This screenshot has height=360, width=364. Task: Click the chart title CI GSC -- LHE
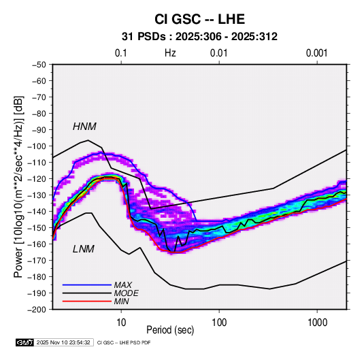click(199, 19)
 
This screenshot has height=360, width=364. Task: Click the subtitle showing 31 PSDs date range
click(199, 37)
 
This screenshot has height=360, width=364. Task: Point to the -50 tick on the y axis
click(39, 65)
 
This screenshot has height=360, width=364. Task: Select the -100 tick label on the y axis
click(37, 146)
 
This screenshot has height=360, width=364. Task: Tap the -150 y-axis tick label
click(37, 228)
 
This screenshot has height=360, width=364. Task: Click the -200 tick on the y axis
click(37, 310)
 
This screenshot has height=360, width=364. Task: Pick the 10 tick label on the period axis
click(121, 323)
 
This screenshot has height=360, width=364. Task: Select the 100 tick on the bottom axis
click(219, 323)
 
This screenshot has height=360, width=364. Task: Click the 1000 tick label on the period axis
click(317, 323)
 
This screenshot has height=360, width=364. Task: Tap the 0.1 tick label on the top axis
click(121, 53)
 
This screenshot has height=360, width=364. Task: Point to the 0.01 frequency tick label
click(218, 53)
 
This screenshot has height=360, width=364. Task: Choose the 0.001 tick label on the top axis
click(316, 53)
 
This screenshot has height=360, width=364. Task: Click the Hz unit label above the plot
click(170, 53)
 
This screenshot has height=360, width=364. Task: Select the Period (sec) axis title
click(170, 330)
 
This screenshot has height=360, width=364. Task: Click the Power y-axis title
click(18, 187)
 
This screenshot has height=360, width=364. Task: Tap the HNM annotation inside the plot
click(84, 127)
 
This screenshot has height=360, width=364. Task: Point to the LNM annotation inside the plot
click(84, 249)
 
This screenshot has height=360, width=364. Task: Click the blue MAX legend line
click(87, 285)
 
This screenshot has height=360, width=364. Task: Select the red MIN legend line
click(87, 301)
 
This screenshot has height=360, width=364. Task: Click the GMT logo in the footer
click(25, 342)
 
